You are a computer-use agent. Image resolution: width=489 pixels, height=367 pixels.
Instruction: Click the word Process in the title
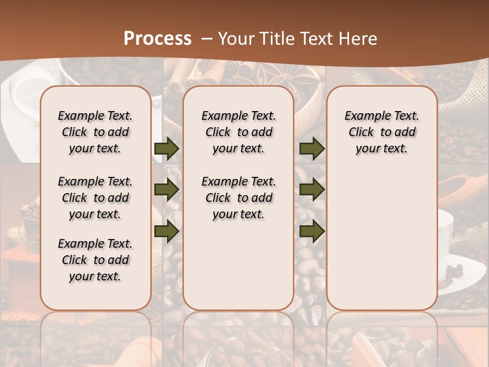[157, 39]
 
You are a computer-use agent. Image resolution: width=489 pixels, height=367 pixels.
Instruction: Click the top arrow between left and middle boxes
[167, 149]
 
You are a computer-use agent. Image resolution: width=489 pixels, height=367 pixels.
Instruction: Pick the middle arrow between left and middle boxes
[167, 190]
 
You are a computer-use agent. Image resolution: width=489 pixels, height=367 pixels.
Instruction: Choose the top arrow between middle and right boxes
[312, 149]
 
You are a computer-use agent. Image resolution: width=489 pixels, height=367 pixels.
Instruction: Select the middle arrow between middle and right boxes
[312, 190]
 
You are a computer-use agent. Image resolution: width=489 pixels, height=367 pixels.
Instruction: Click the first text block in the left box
[95, 132]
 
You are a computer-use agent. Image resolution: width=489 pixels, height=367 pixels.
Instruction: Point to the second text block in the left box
[95, 198]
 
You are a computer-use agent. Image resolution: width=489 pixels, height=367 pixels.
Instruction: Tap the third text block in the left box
[95, 260]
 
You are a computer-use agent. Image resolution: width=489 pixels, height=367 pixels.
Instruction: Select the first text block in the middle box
[238, 132]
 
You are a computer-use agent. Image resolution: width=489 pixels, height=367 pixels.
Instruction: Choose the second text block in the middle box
[238, 198]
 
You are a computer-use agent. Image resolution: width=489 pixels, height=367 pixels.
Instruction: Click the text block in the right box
[382, 132]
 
